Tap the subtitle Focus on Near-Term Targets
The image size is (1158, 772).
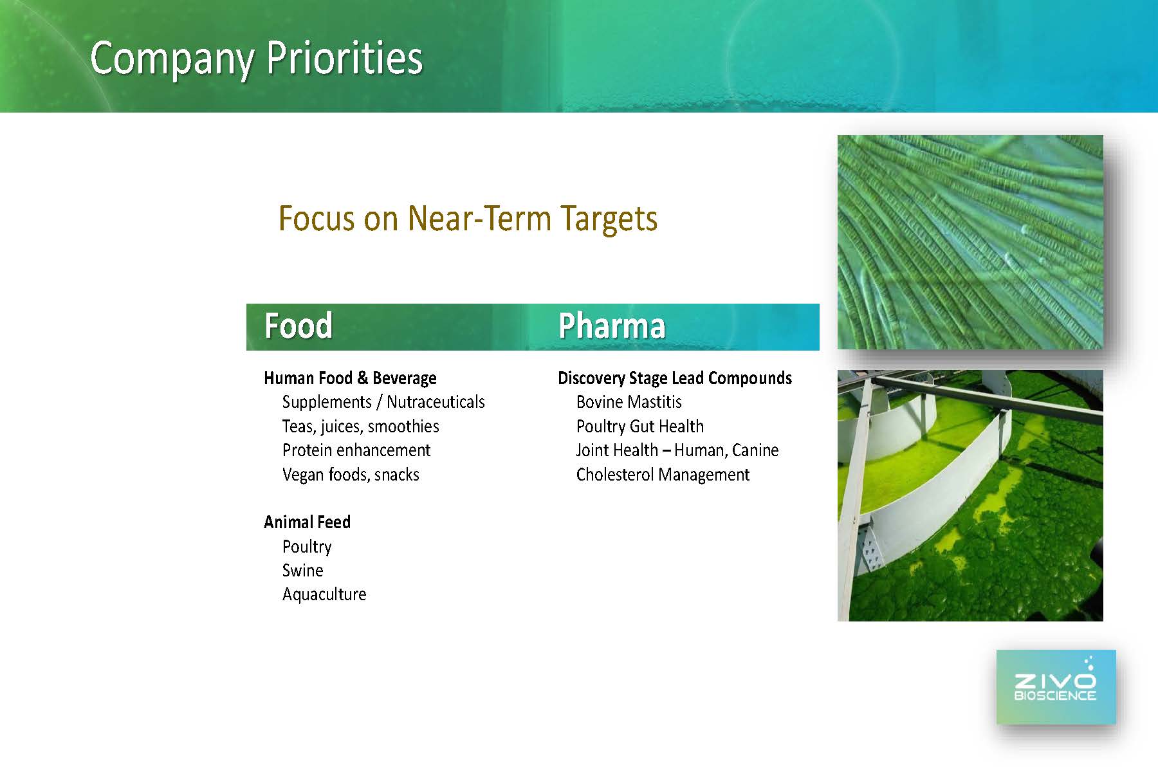[x=468, y=219]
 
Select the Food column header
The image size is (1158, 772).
[x=299, y=326]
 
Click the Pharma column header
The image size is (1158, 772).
[x=612, y=326]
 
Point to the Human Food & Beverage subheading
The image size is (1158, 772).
[x=350, y=378]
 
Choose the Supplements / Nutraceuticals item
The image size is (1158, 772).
[x=383, y=402]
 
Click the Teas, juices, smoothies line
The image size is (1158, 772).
[x=360, y=427]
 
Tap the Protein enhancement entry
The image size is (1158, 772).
[x=356, y=450]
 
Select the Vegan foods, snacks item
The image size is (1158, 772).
[x=351, y=475]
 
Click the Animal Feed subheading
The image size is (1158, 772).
[x=307, y=522]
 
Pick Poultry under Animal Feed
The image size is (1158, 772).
[x=307, y=547]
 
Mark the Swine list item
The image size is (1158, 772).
[x=302, y=571]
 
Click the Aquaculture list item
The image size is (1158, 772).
[x=324, y=594]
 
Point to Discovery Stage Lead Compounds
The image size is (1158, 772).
[x=675, y=378]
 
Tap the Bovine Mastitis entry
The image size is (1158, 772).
[x=629, y=402]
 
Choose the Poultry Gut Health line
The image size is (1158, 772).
[x=640, y=427]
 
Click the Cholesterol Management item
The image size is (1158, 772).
[x=663, y=475]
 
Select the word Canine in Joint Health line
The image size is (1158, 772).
[x=754, y=450]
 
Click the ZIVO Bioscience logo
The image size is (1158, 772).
[x=1056, y=686]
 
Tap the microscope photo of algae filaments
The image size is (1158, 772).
[x=970, y=242]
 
